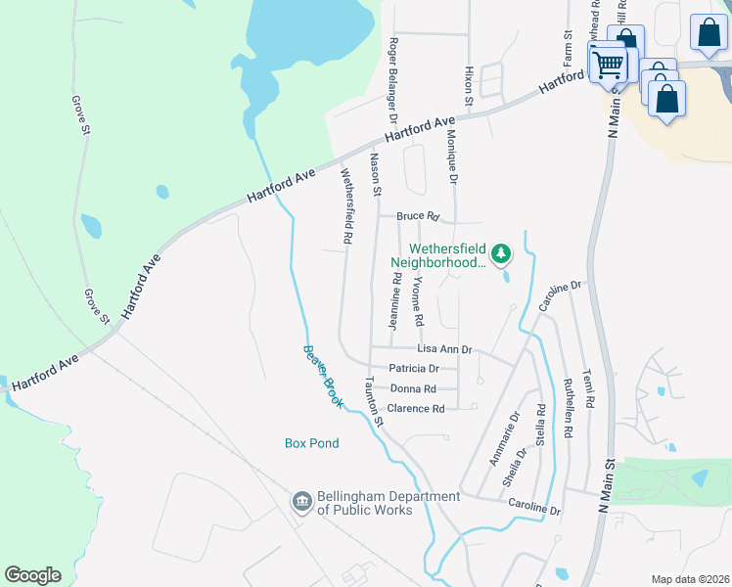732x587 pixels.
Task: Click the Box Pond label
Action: (x=312, y=443)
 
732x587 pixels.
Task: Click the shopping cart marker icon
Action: (x=609, y=66)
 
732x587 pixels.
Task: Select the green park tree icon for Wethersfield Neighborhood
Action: (x=501, y=254)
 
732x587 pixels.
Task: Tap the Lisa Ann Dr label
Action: (x=444, y=349)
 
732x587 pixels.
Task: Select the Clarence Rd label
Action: (x=416, y=408)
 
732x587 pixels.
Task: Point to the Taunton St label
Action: (x=372, y=402)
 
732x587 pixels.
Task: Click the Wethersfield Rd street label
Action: (x=346, y=205)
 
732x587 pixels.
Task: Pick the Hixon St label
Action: (x=469, y=86)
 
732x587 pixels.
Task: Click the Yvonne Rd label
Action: (x=418, y=299)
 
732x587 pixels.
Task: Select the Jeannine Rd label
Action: (x=396, y=300)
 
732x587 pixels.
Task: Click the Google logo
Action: (x=32, y=575)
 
